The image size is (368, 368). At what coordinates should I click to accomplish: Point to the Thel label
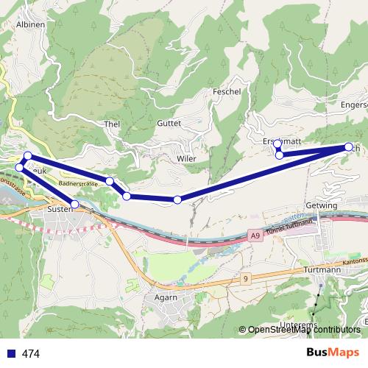113,124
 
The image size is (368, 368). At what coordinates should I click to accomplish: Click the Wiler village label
186,159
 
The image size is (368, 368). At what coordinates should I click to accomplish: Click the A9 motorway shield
255,236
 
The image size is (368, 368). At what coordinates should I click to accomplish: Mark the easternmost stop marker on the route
348,147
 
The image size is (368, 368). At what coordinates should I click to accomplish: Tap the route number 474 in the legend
31,353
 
